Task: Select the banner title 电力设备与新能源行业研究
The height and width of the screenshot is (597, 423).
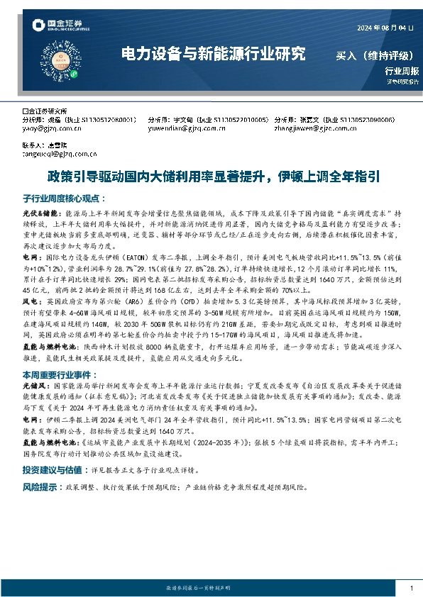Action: tap(214, 53)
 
